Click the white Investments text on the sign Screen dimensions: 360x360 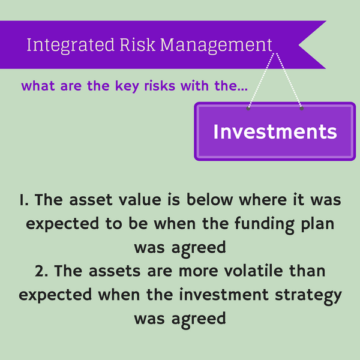coord(275,131)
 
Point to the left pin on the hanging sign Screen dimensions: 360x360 coord(248,109)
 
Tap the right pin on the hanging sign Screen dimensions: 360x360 coord(301,109)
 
